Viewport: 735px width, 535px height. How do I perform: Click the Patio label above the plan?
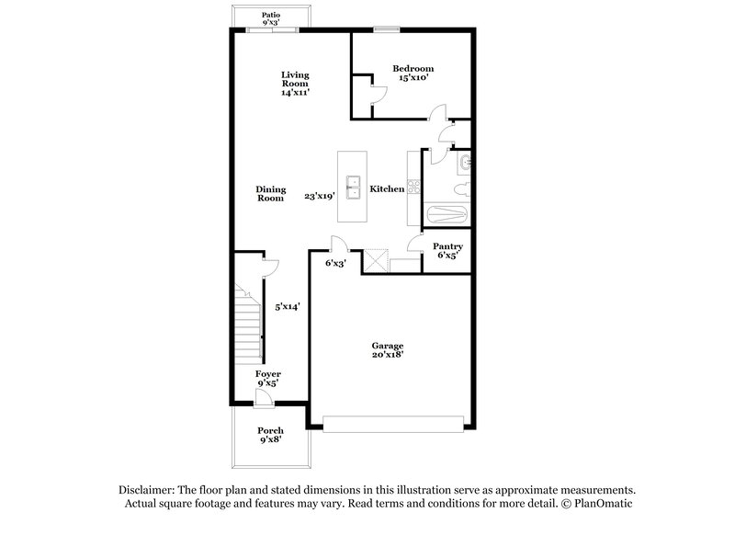(270, 15)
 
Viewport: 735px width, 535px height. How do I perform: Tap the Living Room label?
(294, 83)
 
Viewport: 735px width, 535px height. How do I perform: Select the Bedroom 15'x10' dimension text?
(413, 79)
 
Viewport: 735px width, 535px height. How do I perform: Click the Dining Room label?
(270, 193)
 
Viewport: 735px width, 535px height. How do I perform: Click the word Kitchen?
(387, 188)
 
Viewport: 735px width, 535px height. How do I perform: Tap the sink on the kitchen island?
(352, 187)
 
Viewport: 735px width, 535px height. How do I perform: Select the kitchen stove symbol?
(413, 188)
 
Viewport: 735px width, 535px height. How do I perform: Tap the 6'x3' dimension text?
(336, 263)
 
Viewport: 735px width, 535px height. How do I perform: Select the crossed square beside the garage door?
(375, 260)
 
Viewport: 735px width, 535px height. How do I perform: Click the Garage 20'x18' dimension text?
(388, 354)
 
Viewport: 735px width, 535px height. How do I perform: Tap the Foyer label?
(268, 374)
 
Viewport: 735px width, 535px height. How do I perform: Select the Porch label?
(270, 430)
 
